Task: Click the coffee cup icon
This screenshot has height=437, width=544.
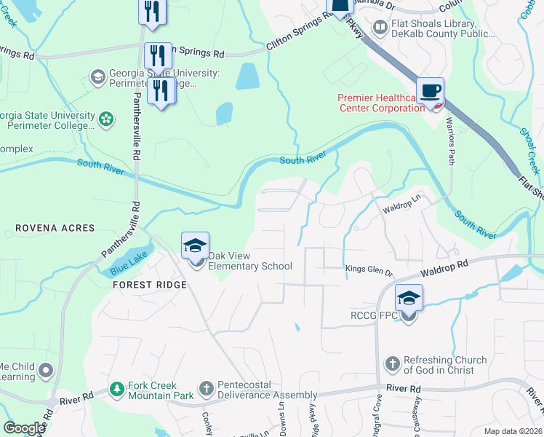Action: pos(431,91)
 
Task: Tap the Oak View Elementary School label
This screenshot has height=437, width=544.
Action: pos(250,261)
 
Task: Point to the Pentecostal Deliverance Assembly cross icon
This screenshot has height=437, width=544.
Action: pos(206,390)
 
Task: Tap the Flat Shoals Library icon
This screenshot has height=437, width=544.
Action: pos(380,28)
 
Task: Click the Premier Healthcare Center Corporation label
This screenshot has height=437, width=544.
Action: pos(381,103)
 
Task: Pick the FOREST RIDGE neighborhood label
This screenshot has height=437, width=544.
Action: pos(150,285)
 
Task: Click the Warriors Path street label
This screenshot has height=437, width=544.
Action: pos(449,141)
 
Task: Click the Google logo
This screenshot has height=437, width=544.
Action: pos(24,428)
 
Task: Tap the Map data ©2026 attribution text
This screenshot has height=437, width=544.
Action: pos(513,431)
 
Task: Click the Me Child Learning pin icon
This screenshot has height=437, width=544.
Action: pos(47,371)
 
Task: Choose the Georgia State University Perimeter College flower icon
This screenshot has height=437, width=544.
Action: pos(107,118)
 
